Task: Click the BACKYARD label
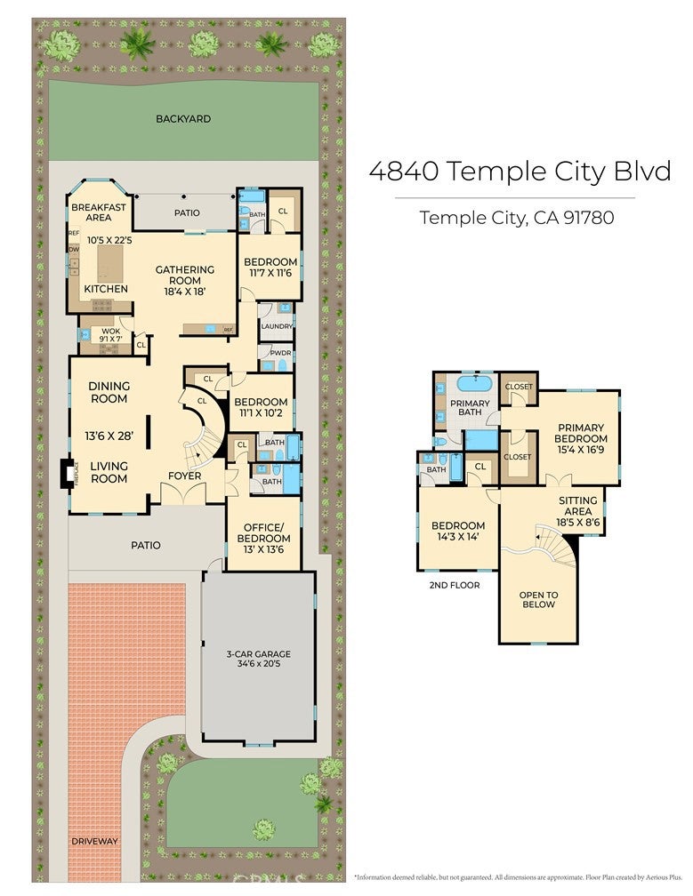[x=183, y=118]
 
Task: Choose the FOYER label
[x=185, y=476]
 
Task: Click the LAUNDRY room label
[x=277, y=326]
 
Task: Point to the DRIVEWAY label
[x=95, y=840]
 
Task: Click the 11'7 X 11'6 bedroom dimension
[x=270, y=275]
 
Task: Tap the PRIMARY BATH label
[x=471, y=408]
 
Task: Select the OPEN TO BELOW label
[x=538, y=599]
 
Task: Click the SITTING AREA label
[x=578, y=506]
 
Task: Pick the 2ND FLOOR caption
[x=454, y=585]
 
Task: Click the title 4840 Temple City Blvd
[x=520, y=171]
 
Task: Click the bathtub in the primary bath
[x=474, y=385]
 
